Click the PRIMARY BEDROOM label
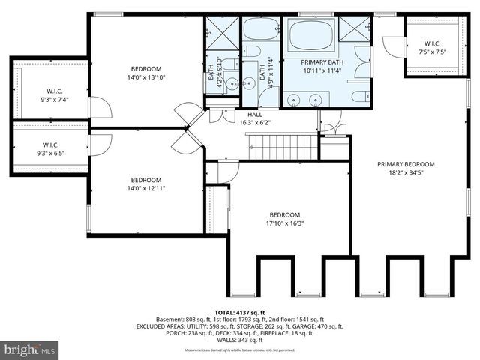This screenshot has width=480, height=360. [x=406, y=164]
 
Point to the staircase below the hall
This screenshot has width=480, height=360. [x=282, y=147]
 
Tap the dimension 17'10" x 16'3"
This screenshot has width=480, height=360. [x=285, y=223]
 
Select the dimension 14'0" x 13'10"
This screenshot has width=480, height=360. [x=146, y=76]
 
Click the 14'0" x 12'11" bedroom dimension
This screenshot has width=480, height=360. [x=146, y=188]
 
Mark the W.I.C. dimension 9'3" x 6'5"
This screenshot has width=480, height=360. [x=50, y=154]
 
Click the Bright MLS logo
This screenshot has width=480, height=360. [x=30, y=349]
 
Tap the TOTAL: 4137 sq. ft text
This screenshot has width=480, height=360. [x=239, y=311]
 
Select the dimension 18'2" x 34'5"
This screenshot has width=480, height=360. [x=406, y=173]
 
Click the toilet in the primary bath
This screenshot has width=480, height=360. [x=360, y=96]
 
